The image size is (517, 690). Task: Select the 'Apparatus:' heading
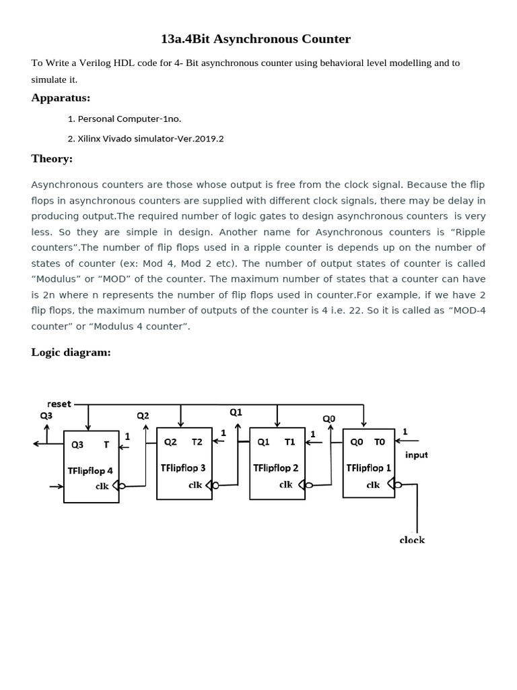(61, 98)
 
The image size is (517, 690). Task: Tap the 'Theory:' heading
(52, 158)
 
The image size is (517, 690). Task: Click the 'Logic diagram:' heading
(71, 352)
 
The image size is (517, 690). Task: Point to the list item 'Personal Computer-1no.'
(125, 119)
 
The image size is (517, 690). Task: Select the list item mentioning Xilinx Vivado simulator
(145, 139)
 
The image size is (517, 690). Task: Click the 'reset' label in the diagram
(59, 404)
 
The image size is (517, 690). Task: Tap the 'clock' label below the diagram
(412, 540)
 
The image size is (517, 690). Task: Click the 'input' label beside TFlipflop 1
(416, 455)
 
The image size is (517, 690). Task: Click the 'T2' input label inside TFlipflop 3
(197, 442)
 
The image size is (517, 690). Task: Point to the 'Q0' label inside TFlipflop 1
(356, 442)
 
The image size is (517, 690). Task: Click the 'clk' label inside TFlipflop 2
(287, 484)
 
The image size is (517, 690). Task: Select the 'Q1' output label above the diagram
(236, 412)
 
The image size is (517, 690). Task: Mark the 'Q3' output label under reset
(46, 416)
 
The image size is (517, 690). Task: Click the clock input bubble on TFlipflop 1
(399, 484)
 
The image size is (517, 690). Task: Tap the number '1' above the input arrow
(405, 431)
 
